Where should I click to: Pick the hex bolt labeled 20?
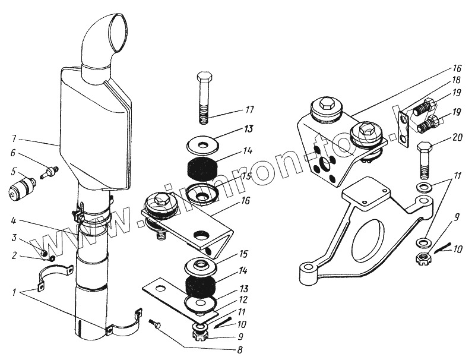[424, 160]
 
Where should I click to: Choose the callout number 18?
[456, 79]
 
